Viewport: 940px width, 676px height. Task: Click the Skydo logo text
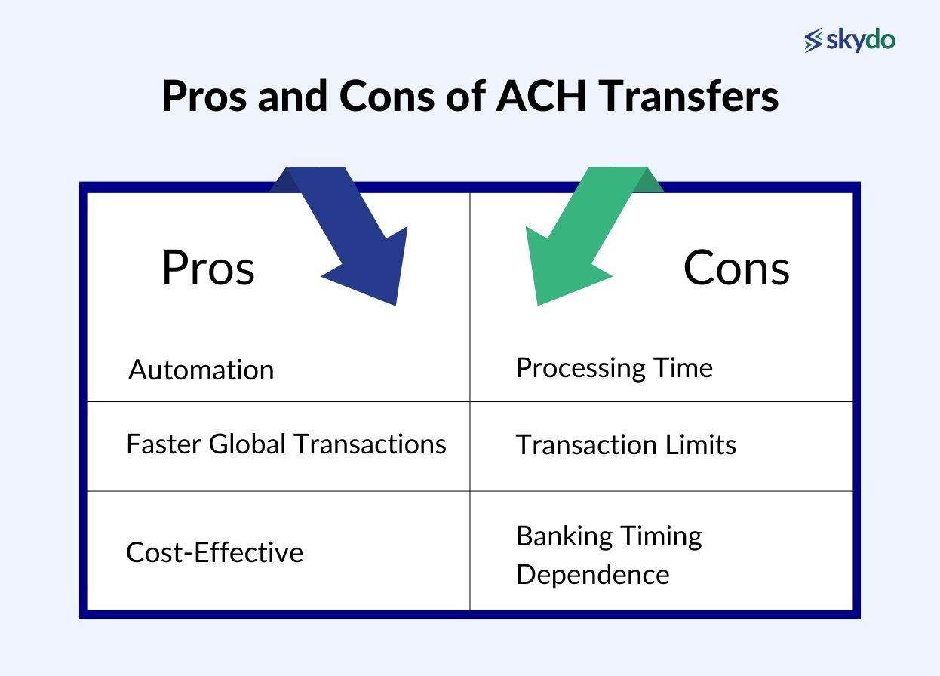tap(860, 40)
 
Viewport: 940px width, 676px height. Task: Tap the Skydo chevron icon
tap(813, 41)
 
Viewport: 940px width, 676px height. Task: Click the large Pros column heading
tap(208, 268)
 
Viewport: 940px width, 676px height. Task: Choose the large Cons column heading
tap(736, 268)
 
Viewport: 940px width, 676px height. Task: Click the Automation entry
tap(201, 370)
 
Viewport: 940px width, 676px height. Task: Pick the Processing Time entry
tap(614, 368)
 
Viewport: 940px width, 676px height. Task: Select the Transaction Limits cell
tap(625, 445)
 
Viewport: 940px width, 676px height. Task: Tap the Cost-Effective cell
tap(214, 552)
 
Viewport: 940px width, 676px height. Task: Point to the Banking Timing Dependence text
tap(609, 555)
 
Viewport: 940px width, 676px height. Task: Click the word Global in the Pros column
tap(248, 444)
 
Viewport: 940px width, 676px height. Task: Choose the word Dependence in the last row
tap(592, 575)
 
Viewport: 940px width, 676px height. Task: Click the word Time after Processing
tap(683, 368)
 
